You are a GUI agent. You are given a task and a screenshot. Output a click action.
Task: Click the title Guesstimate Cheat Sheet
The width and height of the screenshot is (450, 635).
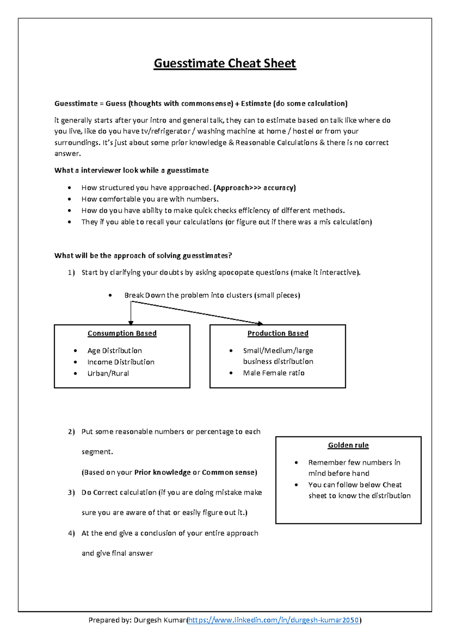(x=225, y=63)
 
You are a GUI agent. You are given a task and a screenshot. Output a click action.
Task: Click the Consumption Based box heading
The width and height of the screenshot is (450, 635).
(x=122, y=333)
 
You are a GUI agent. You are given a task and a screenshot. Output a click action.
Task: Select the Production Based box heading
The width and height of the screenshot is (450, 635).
(x=277, y=333)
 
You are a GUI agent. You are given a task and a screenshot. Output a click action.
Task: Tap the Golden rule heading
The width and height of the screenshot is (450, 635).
(x=348, y=445)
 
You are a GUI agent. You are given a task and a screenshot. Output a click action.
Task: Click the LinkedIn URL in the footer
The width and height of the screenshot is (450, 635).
(x=274, y=620)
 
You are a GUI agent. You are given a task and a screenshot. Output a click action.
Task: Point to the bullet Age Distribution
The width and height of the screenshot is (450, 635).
(x=114, y=351)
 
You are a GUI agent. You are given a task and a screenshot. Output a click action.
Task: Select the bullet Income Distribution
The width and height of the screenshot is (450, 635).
(x=121, y=362)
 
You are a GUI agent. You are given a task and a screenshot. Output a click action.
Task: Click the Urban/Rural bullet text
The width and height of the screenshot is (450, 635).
(x=108, y=373)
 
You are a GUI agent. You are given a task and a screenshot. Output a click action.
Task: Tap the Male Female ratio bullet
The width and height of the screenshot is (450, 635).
(x=273, y=373)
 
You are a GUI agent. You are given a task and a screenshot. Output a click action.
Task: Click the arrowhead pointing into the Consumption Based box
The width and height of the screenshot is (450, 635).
(x=130, y=323)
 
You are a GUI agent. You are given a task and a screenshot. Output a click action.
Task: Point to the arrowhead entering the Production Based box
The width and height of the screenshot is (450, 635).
(x=260, y=323)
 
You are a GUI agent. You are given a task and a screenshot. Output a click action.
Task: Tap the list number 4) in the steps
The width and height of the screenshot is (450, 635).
(x=71, y=533)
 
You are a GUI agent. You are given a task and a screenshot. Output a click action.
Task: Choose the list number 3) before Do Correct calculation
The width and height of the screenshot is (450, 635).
(x=71, y=493)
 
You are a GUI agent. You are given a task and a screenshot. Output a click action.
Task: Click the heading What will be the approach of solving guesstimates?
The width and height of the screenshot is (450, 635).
(x=143, y=256)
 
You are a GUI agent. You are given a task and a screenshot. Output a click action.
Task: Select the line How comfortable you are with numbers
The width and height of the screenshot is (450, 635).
(x=150, y=199)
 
